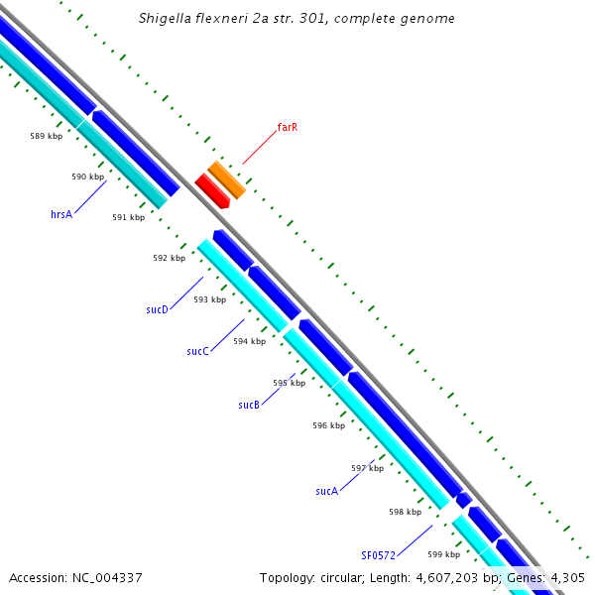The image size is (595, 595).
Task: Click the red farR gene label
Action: (x=288, y=127)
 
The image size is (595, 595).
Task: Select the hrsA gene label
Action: (x=61, y=213)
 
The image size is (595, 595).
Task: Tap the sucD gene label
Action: (x=157, y=309)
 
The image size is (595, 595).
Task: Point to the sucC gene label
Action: (x=197, y=351)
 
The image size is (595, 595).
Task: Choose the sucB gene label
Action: (x=249, y=405)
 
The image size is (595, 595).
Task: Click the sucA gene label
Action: (x=326, y=491)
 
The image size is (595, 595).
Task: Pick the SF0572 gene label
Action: (x=378, y=555)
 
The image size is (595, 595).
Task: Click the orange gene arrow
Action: (x=226, y=178)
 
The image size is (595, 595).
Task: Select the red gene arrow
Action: (x=212, y=189)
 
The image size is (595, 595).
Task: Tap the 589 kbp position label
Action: (x=47, y=136)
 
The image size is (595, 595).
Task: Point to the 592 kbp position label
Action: (x=169, y=258)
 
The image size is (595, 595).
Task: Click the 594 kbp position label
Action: (x=249, y=341)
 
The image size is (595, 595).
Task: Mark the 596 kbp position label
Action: (x=328, y=425)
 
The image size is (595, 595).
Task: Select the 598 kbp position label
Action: (x=405, y=513)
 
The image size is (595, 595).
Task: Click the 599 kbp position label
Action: (x=442, y=555)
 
